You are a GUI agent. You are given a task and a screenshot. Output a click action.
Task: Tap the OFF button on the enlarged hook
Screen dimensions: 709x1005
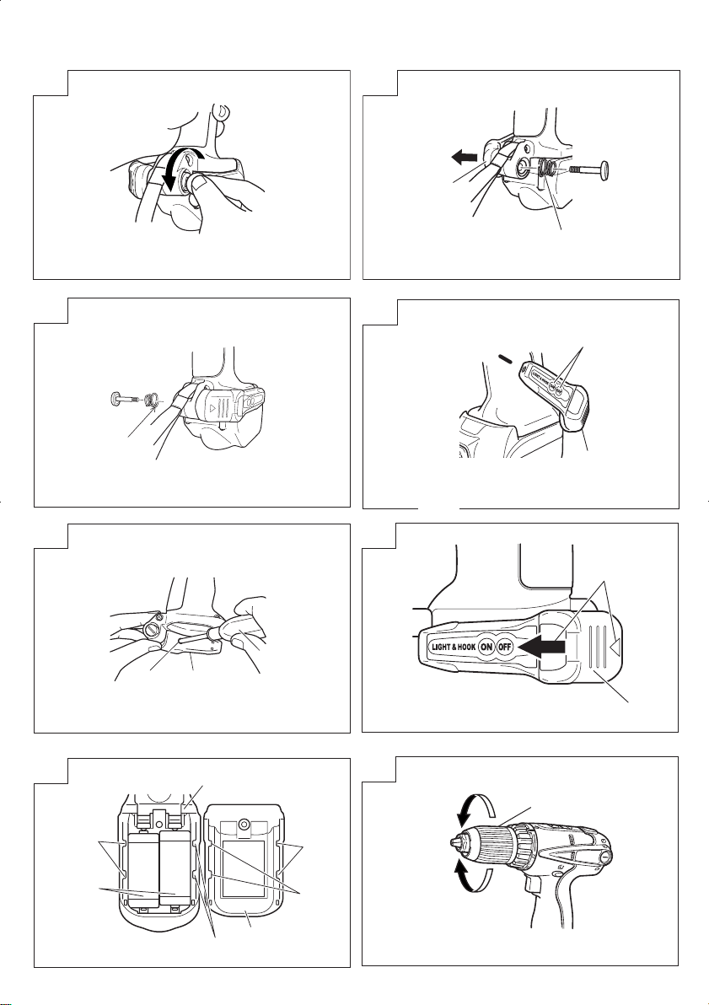pyautogui.click(x=505, y=647)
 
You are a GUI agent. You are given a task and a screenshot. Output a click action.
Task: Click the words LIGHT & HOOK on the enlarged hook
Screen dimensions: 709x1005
pyautogui.click(x=453, y=647)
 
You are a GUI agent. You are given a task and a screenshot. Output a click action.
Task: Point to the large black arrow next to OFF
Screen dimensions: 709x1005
pyautogui.click(x=540, y=648)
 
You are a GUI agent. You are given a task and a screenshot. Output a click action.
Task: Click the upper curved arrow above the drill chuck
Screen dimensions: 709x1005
pyautogui.click(x=475, y=807)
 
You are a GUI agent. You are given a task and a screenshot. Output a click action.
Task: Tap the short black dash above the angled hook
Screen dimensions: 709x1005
pyautogui.click(x=504, y=359)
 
